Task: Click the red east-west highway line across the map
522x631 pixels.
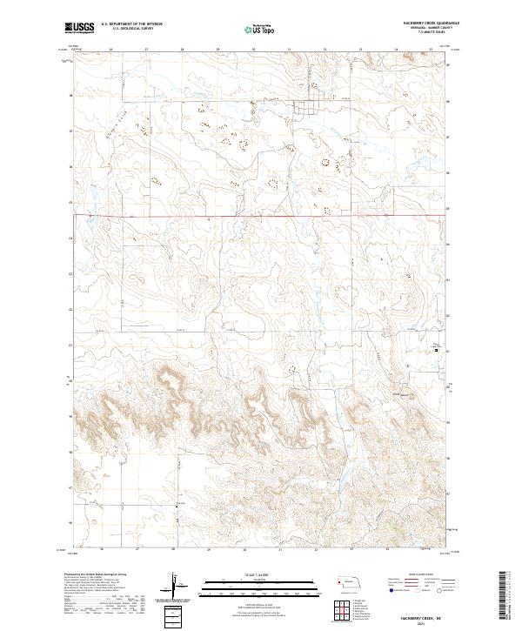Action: [261, 215]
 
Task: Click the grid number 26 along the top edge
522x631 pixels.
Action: [112, 50]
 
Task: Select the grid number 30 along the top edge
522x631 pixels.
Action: [253, 50]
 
